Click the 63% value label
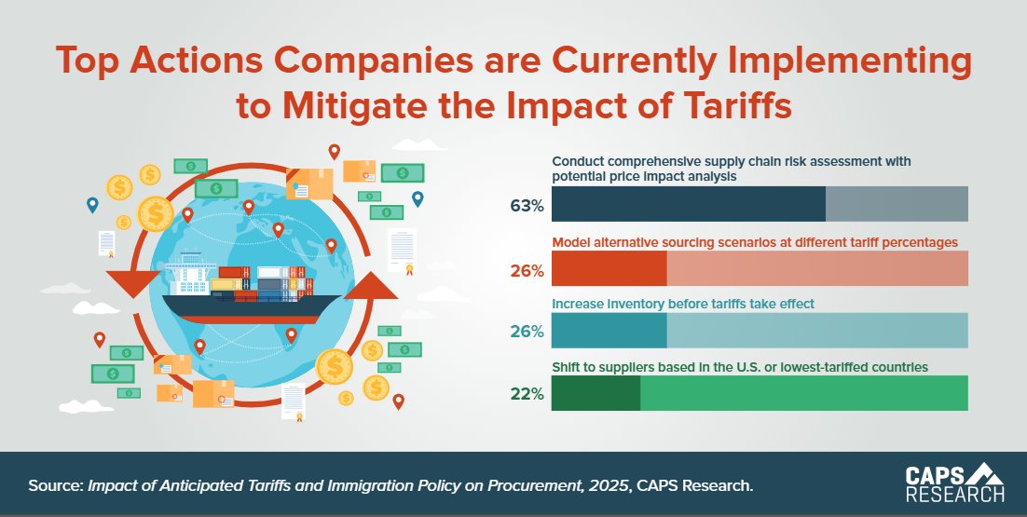click(x=527, y=205)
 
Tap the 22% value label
click(x=527, y=394)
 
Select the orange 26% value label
click(x=527, y=271)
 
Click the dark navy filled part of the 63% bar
click(x=689, y=204)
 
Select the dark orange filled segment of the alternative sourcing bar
click(x=609, y=268)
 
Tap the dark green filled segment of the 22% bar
click(x=596, y=393)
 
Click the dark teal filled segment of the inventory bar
click(x=609, y=330)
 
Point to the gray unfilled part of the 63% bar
click(x=897, y=204)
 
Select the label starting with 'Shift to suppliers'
click(x=740, y=367)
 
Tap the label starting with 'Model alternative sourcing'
click(x=755, y=242)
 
